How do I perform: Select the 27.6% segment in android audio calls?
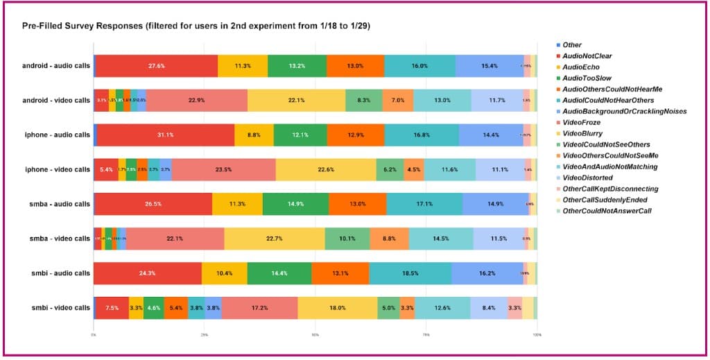[x=156, y=65]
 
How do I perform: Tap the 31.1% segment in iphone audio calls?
[x=165, y=135]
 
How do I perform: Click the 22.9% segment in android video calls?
[x=196, y=100]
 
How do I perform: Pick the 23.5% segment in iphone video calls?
[x=223, y=169]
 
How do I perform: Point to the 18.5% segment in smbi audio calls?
[x=410, y=273]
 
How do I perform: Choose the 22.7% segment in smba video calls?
[x=274, y=239]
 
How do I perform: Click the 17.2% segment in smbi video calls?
[x=259, y=308]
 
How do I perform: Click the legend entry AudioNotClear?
[x=587, y=55]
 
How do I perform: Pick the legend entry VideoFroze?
[x=581, y=122]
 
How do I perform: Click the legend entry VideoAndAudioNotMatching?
[x=609, y=166]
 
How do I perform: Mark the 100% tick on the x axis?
[x=536, y=334]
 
